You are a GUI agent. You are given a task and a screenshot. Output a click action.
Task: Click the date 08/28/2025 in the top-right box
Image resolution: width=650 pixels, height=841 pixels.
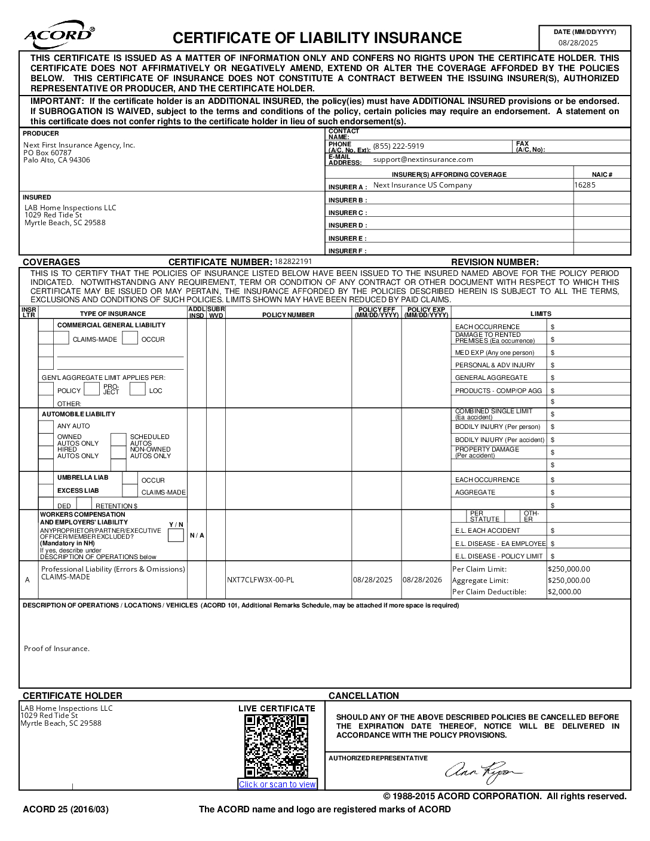[x=578, y=42]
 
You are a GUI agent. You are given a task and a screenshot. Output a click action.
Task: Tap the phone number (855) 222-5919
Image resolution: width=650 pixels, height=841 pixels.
[x=398, y=146]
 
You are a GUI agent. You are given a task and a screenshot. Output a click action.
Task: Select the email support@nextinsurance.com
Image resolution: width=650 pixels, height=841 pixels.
[x=423, y=159]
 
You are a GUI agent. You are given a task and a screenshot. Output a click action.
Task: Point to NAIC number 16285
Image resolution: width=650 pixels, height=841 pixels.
[x=585, y=185]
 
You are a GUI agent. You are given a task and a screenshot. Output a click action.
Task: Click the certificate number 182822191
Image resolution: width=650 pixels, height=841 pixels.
[x=293, y=262]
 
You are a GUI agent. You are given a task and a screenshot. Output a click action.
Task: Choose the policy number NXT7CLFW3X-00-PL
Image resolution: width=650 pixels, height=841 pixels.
[x=260, y=580]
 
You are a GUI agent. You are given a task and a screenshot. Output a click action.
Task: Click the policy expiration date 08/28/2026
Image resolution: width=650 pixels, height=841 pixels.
[x=422, y=580]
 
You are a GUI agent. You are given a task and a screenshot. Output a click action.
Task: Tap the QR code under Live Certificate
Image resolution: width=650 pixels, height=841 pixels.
[x=277, y=746]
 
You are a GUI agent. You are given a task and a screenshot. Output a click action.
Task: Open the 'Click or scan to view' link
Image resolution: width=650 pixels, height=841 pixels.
[x=277, y=784]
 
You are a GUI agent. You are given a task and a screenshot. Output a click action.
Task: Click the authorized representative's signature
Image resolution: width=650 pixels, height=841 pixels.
[x=483, y=772]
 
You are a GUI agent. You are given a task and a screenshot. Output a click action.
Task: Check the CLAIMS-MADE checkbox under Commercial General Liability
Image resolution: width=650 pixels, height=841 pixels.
[x=62, y=339]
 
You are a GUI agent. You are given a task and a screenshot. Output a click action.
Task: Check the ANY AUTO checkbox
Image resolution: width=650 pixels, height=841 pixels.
[x=46, y=426]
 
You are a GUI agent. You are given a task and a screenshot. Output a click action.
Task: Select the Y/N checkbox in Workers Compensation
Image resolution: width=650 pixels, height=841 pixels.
[x=176, y=535]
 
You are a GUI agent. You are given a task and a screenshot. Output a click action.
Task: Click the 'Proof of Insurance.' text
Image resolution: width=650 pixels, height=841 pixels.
[x=57, y=649]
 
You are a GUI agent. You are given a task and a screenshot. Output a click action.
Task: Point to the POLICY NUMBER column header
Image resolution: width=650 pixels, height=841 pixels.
[x=288, y=314]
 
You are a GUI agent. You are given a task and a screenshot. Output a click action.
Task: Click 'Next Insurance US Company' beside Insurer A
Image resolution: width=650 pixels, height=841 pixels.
[x=422, y=185]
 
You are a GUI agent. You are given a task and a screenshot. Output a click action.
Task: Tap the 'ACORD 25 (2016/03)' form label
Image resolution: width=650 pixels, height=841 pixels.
[x=66, y=810]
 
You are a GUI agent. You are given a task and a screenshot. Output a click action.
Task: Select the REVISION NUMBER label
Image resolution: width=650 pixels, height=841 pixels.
[x=495, y=262]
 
